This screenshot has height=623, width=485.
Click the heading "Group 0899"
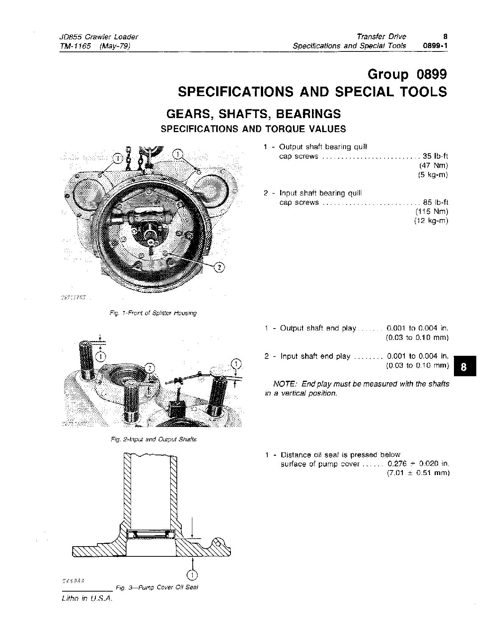click(407, 75)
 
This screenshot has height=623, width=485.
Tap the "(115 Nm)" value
click(432, 211)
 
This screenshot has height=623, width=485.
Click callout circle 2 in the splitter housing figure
click(220, 267)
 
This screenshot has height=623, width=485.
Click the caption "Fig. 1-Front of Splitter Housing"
click(153, 313)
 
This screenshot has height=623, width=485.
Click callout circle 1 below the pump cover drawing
click(192, 576)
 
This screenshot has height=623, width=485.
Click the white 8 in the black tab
click(464, 366)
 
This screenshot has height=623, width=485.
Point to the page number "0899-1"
click(435, 46)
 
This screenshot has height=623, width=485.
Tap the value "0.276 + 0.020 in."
click(418, 464)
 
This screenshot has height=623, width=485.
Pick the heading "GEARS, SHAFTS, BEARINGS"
click(254, 114)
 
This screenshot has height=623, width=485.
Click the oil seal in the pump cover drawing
click(151, 534)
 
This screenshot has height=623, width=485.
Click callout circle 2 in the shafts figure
click(150, 368)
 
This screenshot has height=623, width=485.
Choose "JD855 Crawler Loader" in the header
click(99, 37)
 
